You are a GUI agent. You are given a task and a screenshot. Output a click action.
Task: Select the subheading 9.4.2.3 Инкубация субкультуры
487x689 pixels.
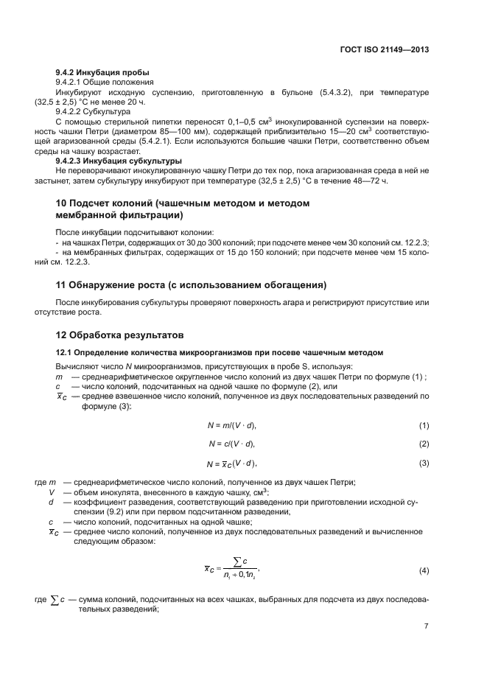click(x=119, y=160)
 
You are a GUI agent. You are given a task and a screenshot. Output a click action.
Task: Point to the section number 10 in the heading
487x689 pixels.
click(x=63, y=203)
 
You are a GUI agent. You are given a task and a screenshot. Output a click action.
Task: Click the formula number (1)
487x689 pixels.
click(x=424, y=425)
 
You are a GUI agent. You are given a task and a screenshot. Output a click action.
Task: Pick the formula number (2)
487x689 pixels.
click(x=424, y=444)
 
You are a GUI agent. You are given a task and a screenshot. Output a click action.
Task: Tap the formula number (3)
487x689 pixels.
click(x=424, y=463)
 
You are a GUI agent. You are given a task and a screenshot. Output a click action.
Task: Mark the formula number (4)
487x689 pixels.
click(x=424, y=572)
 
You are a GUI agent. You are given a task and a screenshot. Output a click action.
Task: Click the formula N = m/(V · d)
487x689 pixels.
click(x=231, y=425)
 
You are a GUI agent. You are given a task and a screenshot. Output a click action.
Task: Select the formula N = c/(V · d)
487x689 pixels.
click(x=231, y=444)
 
